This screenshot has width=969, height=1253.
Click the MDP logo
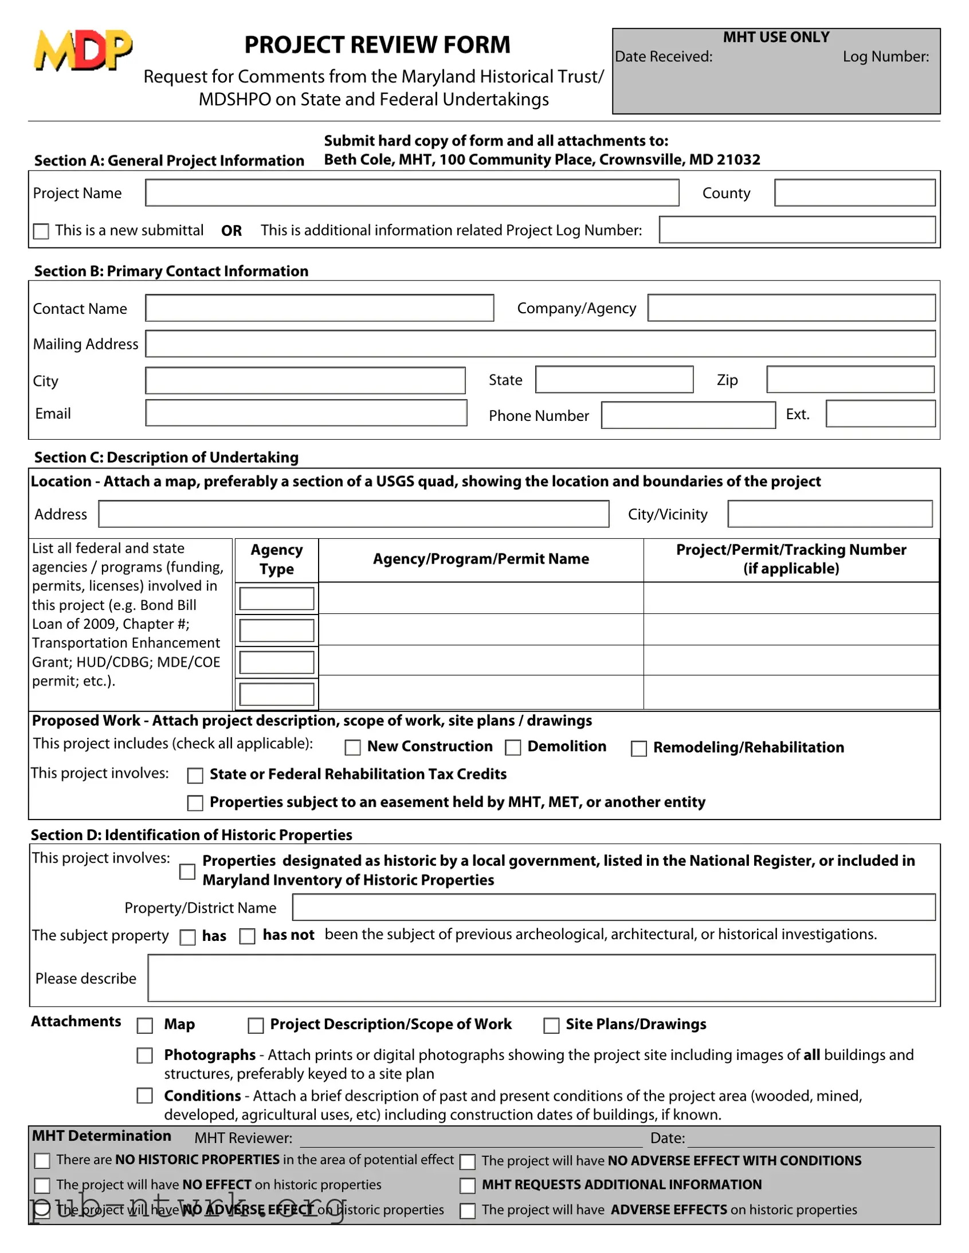click(83, 50)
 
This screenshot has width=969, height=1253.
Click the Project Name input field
click(411, 193)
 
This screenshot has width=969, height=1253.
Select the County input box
click(854, 193)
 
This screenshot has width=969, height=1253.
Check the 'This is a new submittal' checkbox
click(41, 231)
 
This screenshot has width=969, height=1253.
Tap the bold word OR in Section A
click(232, 231)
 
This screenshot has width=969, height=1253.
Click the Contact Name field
click(319, 308)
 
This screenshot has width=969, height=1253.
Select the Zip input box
click(850, 380)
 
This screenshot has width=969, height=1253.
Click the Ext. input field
click(880, 414)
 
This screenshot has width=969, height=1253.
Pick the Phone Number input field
click(688, 415)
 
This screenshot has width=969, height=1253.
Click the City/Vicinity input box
click(830, 514)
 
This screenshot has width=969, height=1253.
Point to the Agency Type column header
click(276, 559)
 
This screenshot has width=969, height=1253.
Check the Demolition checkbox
click(513, 747)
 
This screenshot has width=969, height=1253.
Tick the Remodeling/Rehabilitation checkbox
click(638, 748)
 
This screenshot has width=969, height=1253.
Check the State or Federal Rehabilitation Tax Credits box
click(195, 775)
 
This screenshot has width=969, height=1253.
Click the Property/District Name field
click(613, 908)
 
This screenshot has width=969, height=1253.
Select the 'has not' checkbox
click(247, 936)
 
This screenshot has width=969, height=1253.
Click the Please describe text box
click(542, 978)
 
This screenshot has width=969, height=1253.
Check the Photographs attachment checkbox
click(144, 1055)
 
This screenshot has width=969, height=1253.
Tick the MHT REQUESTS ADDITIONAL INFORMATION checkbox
click(467, 1186)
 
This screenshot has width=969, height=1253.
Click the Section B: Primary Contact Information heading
click(171, 271)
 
